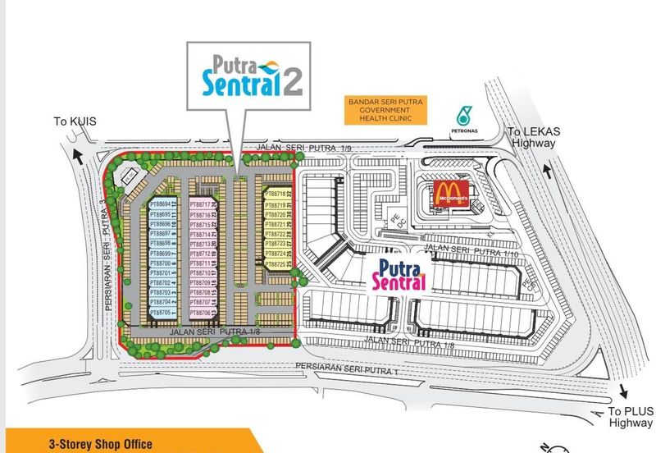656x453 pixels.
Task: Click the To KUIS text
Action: tap(75, 121)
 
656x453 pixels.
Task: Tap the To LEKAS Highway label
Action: tap(533, 137)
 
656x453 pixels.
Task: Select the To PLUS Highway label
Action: tap(631, 417)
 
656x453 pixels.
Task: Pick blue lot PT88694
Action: tap(162, 204)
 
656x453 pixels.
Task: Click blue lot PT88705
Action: tap(162, 313)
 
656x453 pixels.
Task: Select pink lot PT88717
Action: tap(202, 204)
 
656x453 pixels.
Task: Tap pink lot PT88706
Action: tap(202, 313)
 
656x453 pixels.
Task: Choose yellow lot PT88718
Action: tap(276, 194)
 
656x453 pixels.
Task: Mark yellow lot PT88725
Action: tap(276, 264)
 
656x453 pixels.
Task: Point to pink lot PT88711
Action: tap(202, 263)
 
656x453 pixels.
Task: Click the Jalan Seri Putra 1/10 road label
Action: tap(464, 248)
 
